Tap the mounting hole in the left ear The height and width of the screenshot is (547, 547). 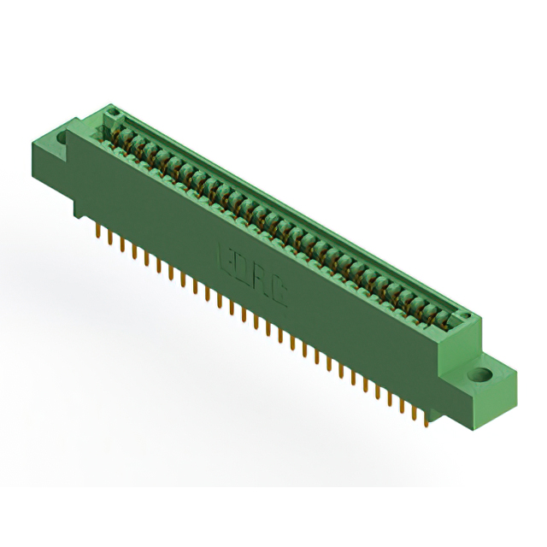click(x=62, y=136)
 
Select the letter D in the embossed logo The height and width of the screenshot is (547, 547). click(x=243, y=264)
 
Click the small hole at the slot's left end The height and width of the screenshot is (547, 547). click(x=110, y=113)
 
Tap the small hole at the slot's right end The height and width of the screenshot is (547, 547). click(x=467, y=318)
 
